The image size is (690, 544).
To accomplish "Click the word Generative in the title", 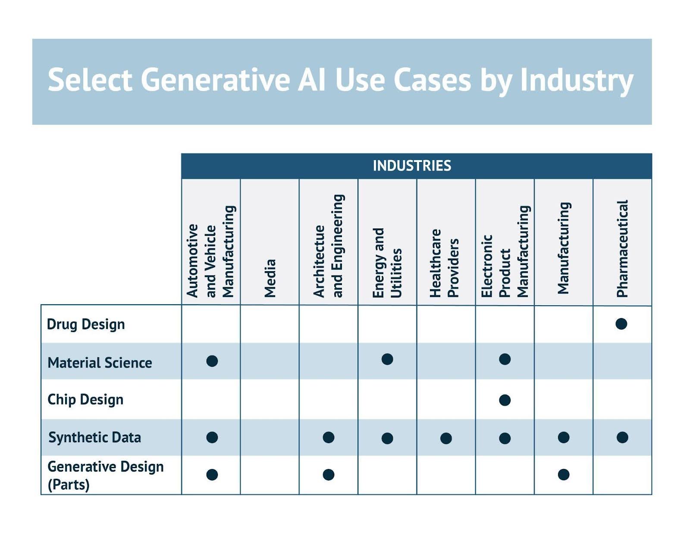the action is (x=215, y=80).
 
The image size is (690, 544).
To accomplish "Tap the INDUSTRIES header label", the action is (x=412, y=166).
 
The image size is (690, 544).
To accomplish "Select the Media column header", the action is (x=270, y=278).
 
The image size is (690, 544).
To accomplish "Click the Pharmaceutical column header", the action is (x=622, y=248).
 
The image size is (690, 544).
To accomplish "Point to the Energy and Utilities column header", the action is (x=387, y=263).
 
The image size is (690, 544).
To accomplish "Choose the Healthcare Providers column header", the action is (x=444, y=263).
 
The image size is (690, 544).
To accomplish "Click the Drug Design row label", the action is (x=86, y=325).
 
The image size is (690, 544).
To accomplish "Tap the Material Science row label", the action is (x=100, y=363).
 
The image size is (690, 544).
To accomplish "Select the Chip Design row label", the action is (x=85, y=400).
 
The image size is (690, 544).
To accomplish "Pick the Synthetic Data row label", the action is (x=94, y=438).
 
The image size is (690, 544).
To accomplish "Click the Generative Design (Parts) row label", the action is (x=106, y=475).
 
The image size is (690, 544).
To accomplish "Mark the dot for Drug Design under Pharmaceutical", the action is (x=621, y=324).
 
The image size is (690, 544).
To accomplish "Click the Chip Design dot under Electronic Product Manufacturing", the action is (x=505, y=400).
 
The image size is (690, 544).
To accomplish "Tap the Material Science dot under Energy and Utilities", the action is (x=387, y=359).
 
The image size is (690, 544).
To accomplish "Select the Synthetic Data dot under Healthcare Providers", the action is (x=445, y=438).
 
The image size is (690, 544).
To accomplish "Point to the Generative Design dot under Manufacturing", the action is (x=563, y=475).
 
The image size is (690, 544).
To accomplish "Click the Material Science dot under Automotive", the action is (x=212, y=361).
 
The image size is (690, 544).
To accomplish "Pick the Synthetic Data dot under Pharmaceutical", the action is (x=622, y=437).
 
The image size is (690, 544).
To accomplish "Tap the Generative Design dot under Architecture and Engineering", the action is (x=328, y=475).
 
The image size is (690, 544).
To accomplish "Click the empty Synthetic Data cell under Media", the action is (x=270, y=438).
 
